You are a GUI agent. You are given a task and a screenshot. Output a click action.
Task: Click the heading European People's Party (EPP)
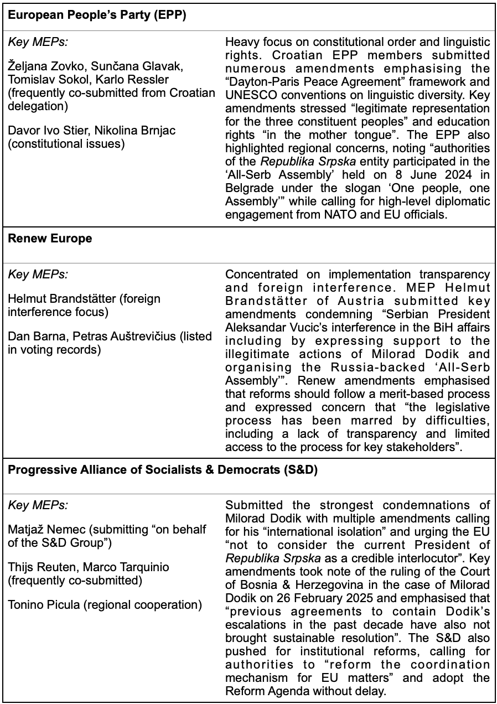click(x=97, y=15)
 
